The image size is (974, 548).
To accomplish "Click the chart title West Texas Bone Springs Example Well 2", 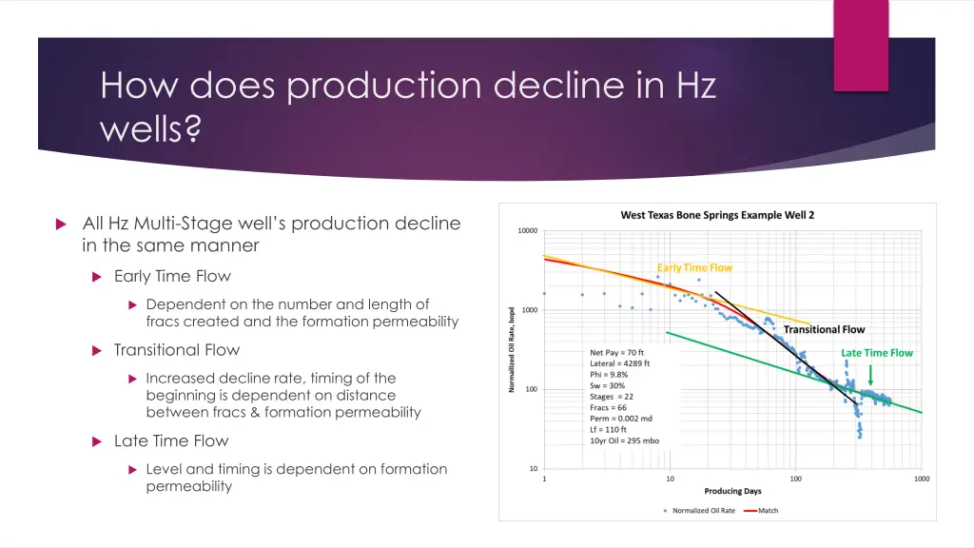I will click(x=717, y=215).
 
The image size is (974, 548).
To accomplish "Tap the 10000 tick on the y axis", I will click(x=527, y=230).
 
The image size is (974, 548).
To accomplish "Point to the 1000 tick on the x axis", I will click(x=922, y=479).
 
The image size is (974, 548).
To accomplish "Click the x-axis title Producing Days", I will click(x=732, y=491).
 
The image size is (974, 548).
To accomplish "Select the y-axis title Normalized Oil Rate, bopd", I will click(x=512, y=349).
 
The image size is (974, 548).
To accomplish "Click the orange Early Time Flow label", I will click(x=694, y=267).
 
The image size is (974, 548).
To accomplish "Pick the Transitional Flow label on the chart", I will click(x=824, y=329).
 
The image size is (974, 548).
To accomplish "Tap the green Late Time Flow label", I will click(x=876, y=353).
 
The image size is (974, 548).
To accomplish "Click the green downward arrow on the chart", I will click(x=870, y=375).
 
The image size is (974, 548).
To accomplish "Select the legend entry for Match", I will click(x=767, y=511).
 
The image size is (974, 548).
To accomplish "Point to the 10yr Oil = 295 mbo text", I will click(x=625, y=440).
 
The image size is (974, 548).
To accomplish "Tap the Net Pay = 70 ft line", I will click(x=616, y=352).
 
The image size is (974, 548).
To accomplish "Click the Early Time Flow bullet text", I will click(x=172, y=276).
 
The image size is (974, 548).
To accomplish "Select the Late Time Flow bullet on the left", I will click(x=171, y=440).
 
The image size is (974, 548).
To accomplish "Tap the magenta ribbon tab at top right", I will click(x=861, y=45).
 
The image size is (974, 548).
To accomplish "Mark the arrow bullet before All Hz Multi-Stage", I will click(x=60, y=225).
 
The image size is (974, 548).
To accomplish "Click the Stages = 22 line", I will click(x=612, y=396).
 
